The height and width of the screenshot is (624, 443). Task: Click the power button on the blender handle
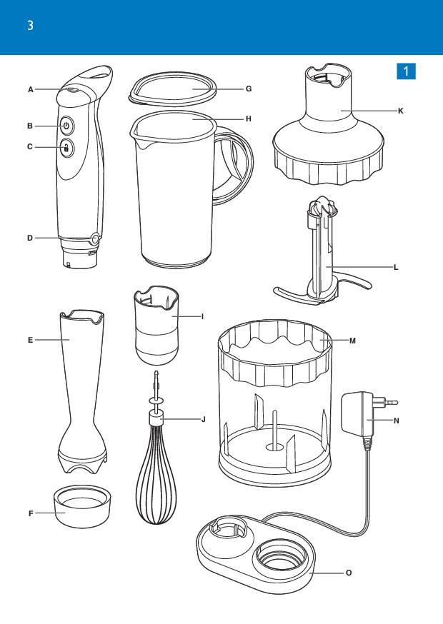(x=66, y=126)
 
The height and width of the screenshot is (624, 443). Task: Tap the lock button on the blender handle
(x=66, y=148)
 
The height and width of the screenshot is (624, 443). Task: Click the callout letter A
(x=31, y=90)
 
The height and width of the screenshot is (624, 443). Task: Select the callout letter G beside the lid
(x=249, y=89)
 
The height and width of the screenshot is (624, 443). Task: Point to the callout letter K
(x=401, y=111)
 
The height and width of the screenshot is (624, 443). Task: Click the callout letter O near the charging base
(x=349, y=573)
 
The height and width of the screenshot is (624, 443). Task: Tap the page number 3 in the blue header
(x=30, y=26)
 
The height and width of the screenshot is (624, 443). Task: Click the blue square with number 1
(x=406, y=71)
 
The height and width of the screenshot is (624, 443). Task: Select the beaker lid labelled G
(x=172, y=89)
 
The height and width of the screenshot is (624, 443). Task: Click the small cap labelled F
(x=82, y=506)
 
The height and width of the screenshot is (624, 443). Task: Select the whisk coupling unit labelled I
(x=156, y=325)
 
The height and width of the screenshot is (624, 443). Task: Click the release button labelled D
(x=95, y=238)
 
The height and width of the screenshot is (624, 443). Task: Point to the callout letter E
(x=30, y=341)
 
